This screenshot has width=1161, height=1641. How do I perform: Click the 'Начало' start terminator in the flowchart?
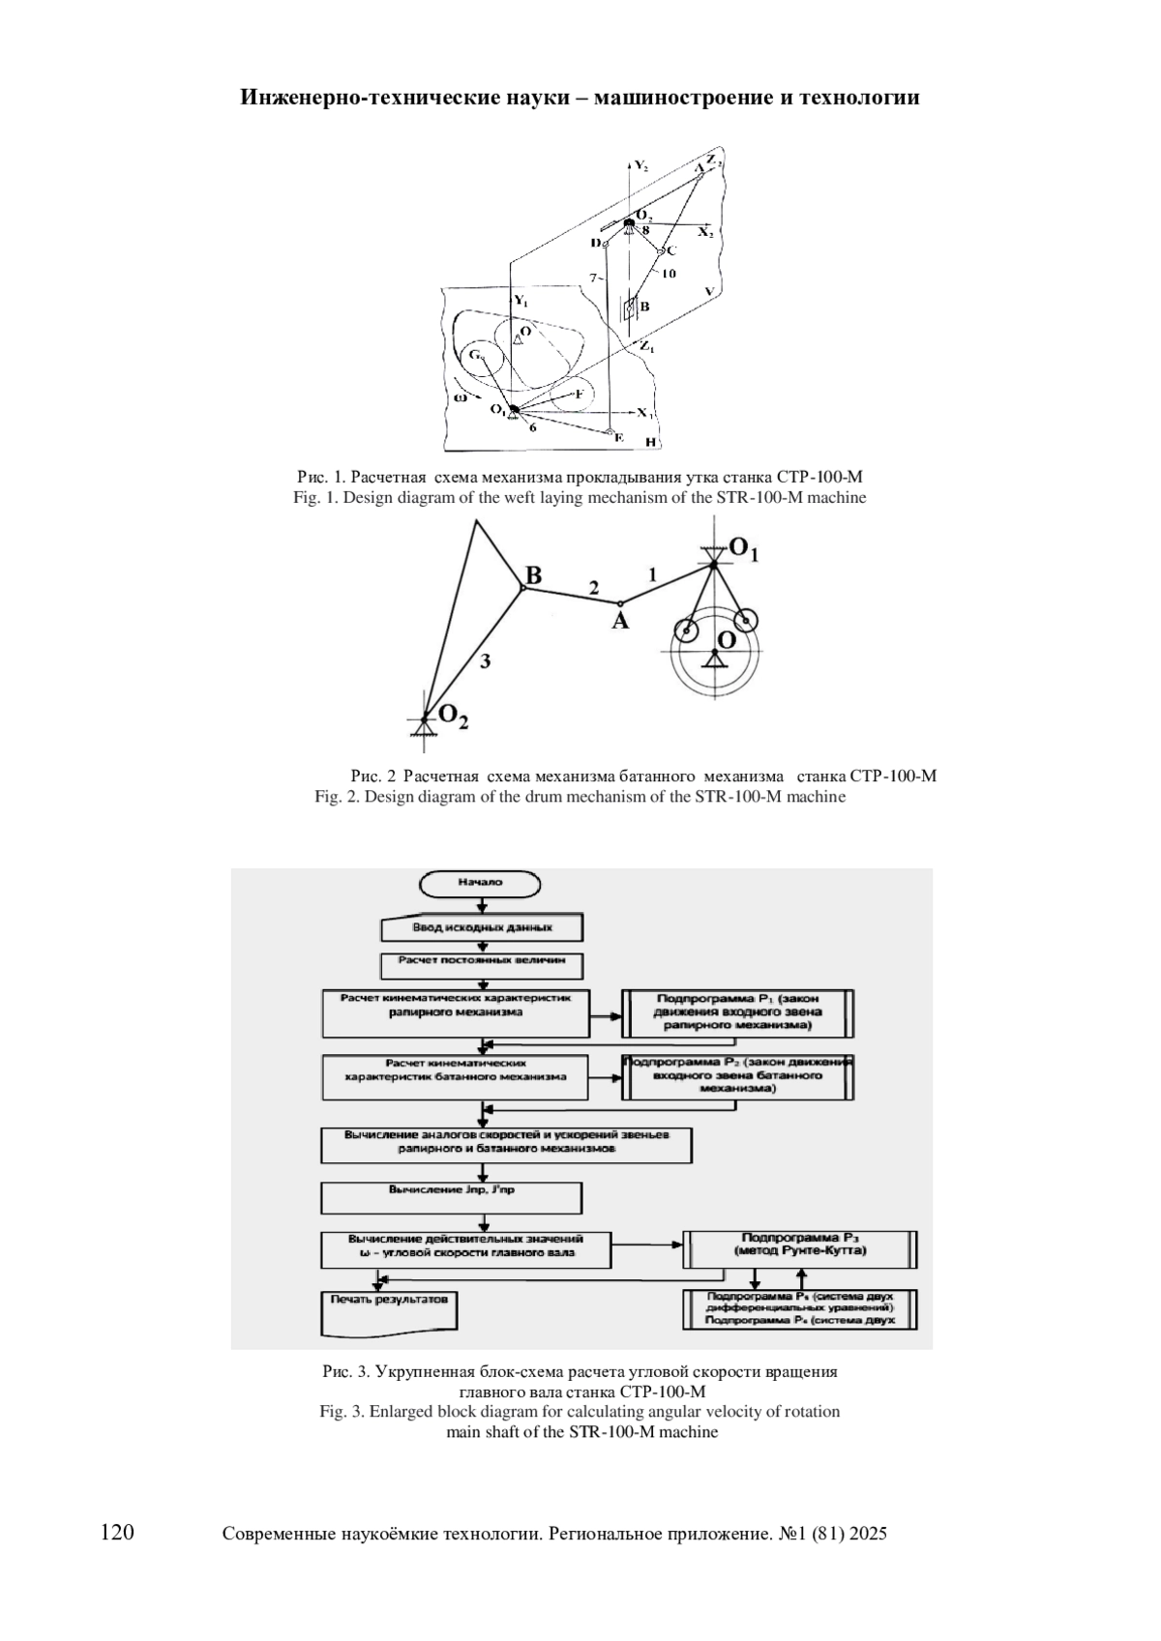point(480,884)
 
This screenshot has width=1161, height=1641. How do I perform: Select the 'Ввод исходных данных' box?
point(483,928)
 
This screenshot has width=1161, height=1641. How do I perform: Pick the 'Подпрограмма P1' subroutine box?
point(737,1012)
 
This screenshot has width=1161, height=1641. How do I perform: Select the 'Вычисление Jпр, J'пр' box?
point(451,1196)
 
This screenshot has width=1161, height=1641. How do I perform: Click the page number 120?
point(117,1532)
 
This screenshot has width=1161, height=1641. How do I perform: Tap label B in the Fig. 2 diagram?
point(533,576)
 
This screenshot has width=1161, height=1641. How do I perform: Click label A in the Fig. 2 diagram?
point(619,622)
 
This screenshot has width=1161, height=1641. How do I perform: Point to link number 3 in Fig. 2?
point(486,661)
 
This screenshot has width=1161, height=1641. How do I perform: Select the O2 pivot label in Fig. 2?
point(454,717)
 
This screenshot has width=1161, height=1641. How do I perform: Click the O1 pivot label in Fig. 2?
point(743,549)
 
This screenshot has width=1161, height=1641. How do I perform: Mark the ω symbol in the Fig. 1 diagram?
point(461,396)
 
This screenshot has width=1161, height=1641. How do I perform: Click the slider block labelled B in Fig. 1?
point(630,308)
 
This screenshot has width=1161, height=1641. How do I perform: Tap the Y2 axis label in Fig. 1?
point(641,165)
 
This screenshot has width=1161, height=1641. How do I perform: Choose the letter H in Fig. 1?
point(651,443)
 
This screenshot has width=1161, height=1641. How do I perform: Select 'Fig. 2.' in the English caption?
point(338,797)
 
